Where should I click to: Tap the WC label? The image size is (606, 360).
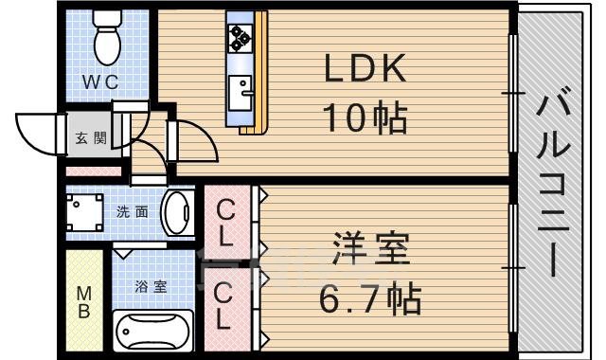pos(98,82)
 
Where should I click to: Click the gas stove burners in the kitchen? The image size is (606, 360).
pos(238,37)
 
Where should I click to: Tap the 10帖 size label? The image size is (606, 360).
pos(365,118)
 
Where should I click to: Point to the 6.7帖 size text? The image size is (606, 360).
pos(370,302)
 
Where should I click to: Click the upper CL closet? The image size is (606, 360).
pos(227,221)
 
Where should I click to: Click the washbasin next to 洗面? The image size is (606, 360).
pos(174,213)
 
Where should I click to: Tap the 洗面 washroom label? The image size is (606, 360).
pos(132,212)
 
